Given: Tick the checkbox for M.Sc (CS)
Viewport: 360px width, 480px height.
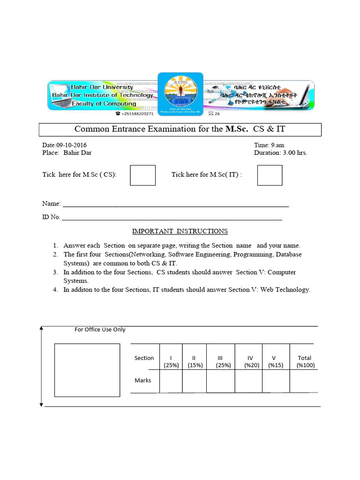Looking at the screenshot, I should click(x=142, y=175).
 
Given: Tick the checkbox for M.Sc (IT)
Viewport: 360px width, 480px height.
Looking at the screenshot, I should click(x=270, y=175).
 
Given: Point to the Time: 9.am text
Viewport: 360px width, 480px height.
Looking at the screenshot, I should click(x=269, y=145).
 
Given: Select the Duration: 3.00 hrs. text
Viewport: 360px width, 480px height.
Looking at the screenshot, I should click(x=280, y=153).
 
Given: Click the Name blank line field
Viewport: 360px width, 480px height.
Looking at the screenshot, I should click(x=176, y=204).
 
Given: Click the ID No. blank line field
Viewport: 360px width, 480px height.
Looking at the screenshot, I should click(x=172, y=217).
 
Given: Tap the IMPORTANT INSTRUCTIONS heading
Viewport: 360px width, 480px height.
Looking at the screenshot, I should click(x=180, y=231).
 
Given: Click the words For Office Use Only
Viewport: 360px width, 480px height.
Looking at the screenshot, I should click(x=100, y=330).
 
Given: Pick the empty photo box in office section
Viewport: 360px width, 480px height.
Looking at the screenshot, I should click(x=87, y=370).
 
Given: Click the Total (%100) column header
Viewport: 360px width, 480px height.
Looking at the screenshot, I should click(x=305, y=361).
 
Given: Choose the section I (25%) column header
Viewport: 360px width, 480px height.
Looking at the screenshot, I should click(x=171, y=361).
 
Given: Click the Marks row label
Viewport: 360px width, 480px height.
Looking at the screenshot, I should click(x=143, y=380).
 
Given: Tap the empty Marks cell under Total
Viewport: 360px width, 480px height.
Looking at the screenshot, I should click(x=304, y=381).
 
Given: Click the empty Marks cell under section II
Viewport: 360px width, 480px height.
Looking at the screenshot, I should click(x=195, y=381).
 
